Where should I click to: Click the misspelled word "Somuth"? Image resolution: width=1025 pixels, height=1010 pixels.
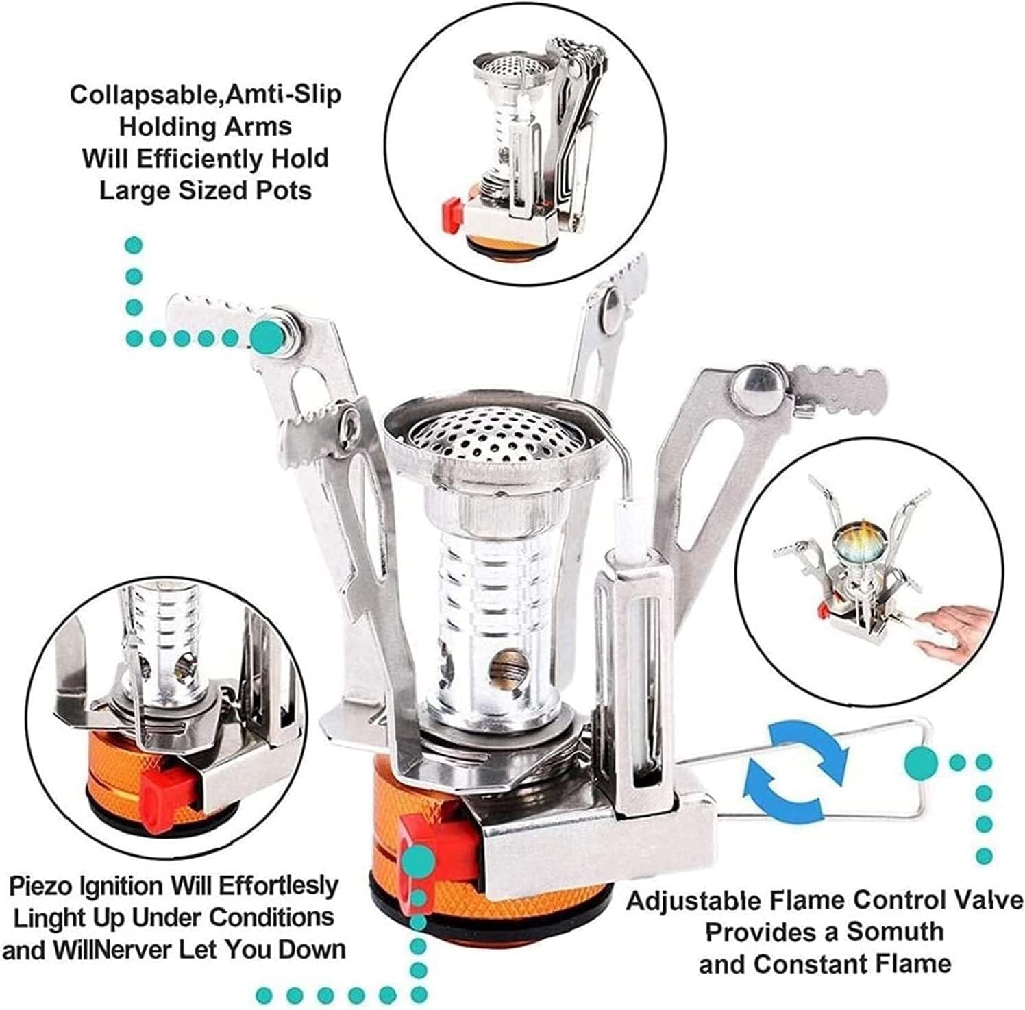(895, 932)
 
